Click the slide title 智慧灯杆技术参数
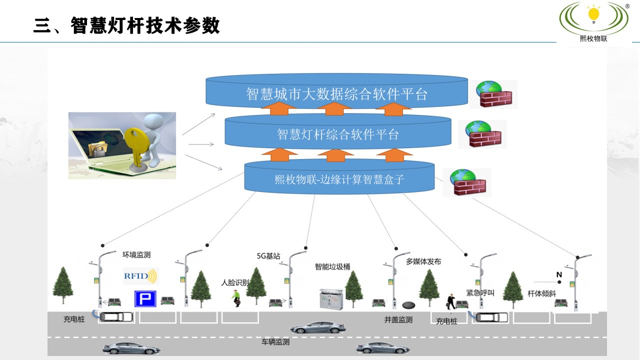(127, 25)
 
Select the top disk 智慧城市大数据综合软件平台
(336, 93)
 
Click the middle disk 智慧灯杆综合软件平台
(338, 134)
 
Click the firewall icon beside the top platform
(493, 94)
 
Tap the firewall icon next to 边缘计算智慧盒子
(467, 182)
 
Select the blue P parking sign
(145, 299)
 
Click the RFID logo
(140, 275)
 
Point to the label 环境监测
(136, 254)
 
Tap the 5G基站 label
(268, 256)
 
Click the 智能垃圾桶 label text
(332, 266)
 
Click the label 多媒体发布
(423, 261)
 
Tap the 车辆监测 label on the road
(275, 342)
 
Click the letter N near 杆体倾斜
(559, 274)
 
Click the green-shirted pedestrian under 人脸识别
(236, 297)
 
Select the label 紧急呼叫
(480, 292)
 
